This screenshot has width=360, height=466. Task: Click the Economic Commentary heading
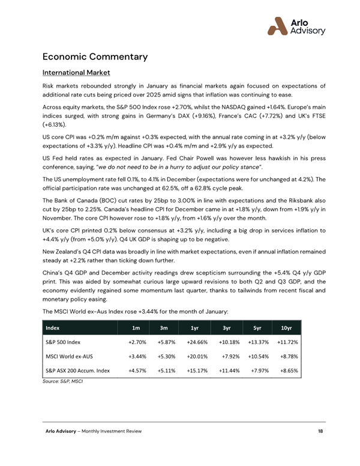[x=95, y=57]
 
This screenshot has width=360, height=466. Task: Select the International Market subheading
[x=76, y=73]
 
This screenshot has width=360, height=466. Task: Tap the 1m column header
[x=136, y=328]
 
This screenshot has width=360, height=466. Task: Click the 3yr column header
[x=226, y=328]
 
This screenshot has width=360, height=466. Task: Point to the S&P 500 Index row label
[x=63, y=343]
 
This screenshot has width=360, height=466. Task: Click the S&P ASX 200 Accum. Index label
[x=77, y=371]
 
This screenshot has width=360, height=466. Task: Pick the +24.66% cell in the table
[x=195, y=343]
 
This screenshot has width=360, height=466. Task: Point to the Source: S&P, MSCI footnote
[x=62, y=381]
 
